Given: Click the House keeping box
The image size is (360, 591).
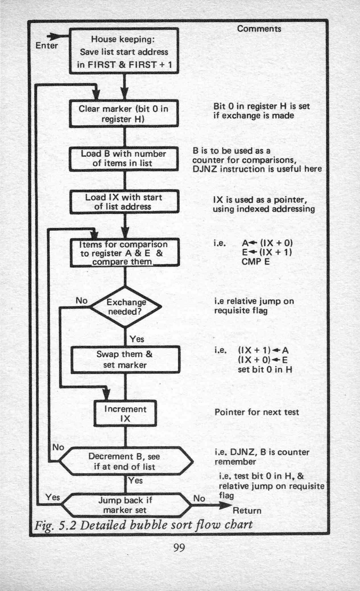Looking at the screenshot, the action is pos(124,51).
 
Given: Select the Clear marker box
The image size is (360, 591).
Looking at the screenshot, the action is pos(124,113).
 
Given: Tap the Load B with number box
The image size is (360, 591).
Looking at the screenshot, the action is pos(124,158).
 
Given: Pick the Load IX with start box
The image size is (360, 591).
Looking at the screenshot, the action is pos(125,202).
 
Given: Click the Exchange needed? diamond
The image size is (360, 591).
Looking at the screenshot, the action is pos(125,307).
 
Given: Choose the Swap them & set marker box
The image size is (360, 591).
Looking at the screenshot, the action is pos(125,359).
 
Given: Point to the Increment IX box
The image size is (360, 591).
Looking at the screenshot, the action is pos(125,413).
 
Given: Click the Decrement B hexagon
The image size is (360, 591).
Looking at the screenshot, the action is pos(125,461).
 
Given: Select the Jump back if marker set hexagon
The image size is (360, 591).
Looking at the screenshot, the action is pos(125,505).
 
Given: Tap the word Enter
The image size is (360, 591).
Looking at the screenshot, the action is pos(47,46).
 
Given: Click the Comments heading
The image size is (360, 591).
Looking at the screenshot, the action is pos(259,29).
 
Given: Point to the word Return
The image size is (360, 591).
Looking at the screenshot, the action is pos(247,511).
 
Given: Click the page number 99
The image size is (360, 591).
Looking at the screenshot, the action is pos(179,547).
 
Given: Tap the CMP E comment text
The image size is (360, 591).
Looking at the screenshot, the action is pos(255,261).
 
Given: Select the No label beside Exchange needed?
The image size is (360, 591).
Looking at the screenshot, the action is pos(82,301).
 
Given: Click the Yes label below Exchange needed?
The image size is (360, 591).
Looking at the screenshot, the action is pos(137,339).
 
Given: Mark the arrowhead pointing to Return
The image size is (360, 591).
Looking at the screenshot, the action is pos(226,505).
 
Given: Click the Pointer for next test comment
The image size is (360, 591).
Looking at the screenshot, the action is pos(257,412).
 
